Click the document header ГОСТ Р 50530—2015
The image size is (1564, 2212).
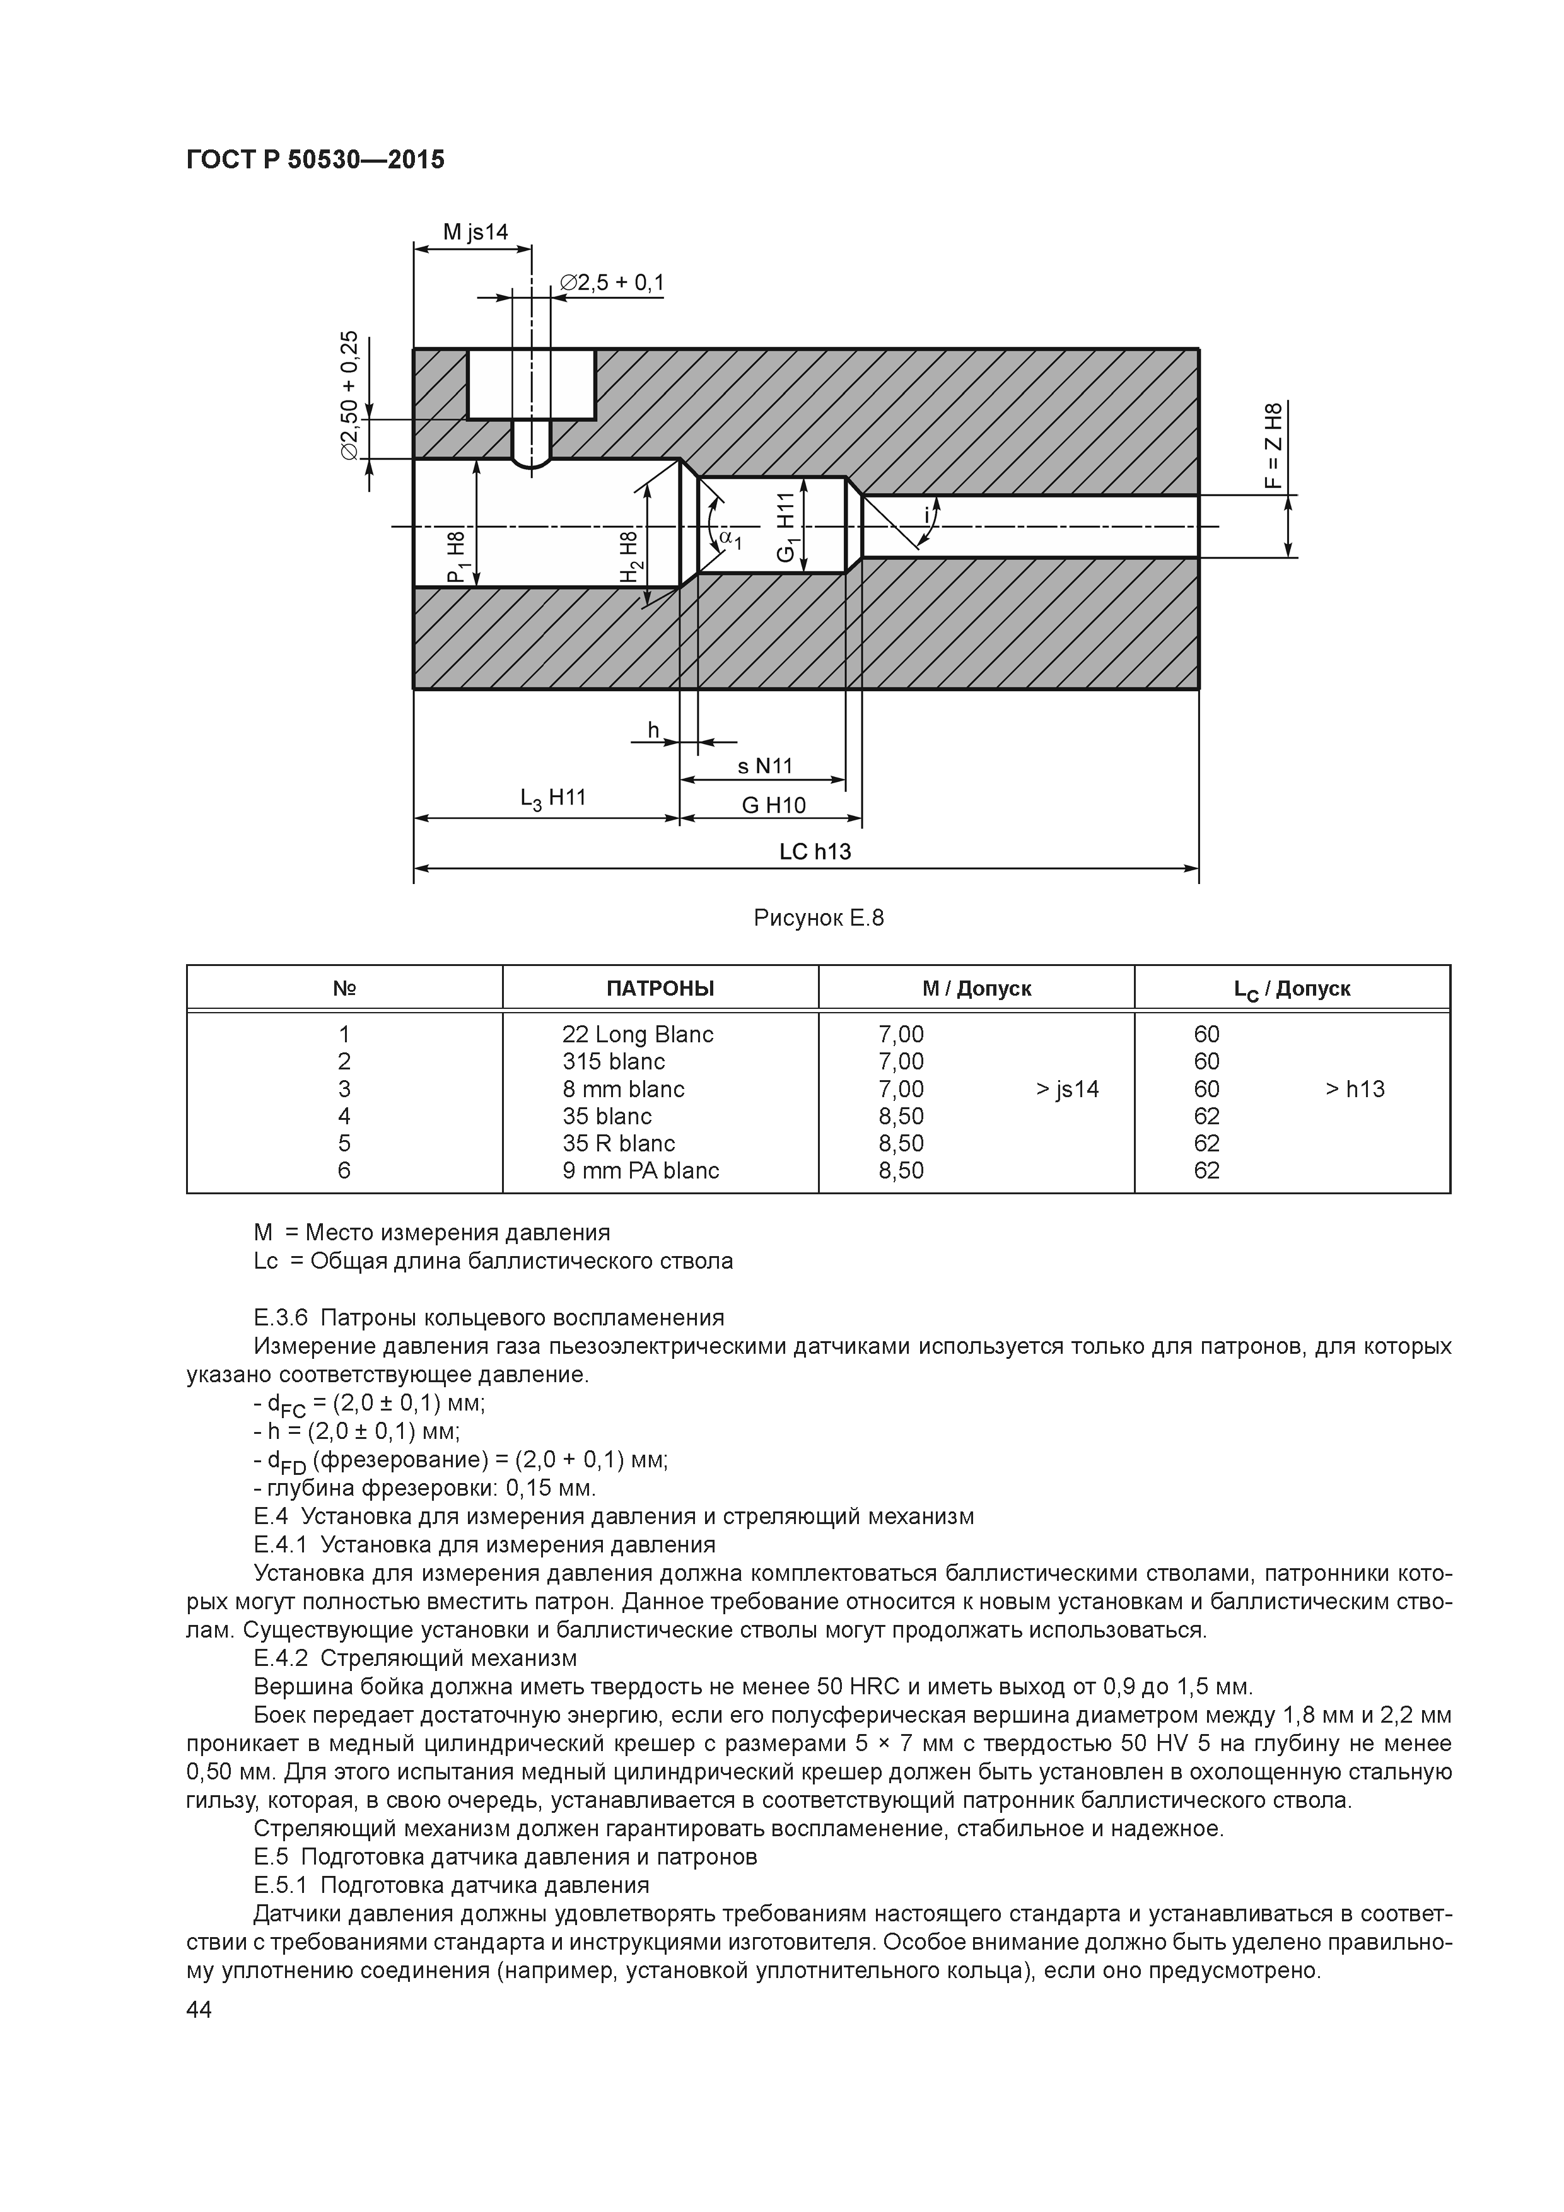tap(315, 160)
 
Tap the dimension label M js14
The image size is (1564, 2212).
tap(475, 232)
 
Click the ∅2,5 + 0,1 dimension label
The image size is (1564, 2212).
tap(613, 282)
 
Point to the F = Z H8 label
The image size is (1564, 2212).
tap(1274, 445)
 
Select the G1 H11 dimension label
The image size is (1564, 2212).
tap(787, 527)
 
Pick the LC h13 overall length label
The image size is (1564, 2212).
tap(815, 852)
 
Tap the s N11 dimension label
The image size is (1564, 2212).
tap(764, 766)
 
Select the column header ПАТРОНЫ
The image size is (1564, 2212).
tap(660, 989)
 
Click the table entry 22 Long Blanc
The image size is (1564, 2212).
tap(638, 1035)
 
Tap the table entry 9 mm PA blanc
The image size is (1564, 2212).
tap(641, 1170)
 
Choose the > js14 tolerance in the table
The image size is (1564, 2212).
tap(1067, 1090)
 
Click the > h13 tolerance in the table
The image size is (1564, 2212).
tap(1354, 1090)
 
